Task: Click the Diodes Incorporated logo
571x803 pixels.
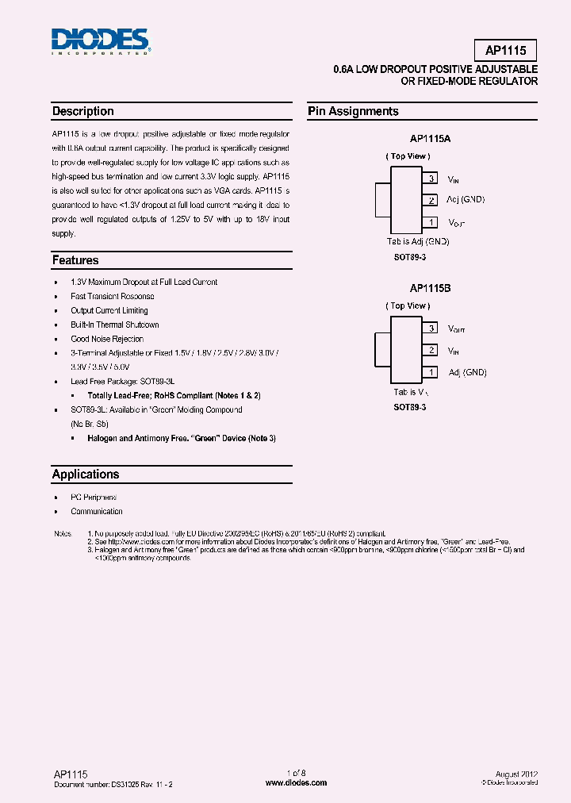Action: point(100,41)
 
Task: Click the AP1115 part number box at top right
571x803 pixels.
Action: point(505,51)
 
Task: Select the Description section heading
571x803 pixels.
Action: point(83,112)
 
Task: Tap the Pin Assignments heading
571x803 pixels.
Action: point(353,112)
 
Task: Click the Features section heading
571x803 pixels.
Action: point(75,260)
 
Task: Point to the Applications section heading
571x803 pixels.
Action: point(86,474)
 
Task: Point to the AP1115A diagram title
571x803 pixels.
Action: point(430,138)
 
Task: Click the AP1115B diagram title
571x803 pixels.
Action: point(430,289)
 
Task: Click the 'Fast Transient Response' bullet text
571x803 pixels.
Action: point(113,296)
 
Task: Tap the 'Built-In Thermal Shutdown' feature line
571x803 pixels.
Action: point(115,325)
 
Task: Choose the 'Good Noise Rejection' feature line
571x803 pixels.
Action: point(107,339)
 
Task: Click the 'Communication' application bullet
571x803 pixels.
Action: point(97,512)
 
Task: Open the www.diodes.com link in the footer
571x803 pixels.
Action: point(296,782)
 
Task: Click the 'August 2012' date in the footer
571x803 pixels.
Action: point(519,774)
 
